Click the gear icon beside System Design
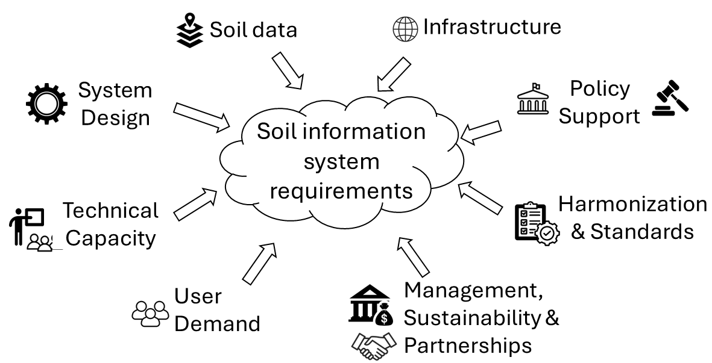(x=46, y=104)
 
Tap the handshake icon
(x=374, y=345)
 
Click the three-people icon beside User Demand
(x=151, y=312)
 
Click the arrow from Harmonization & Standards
(x=480, y=198)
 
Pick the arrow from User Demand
(x=259, y=262)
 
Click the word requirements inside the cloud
(x=341, y=190)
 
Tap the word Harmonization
(x=632, y=204)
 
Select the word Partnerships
(x=468, y=346)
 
